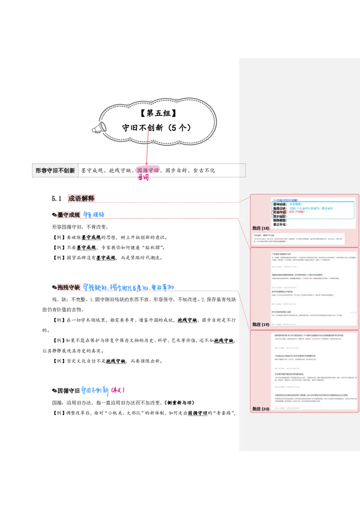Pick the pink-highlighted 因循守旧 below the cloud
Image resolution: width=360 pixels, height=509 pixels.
147,171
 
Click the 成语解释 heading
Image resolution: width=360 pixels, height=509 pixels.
81,198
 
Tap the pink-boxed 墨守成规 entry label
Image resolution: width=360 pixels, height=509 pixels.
68,215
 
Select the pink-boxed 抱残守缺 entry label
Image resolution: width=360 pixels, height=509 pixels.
69,287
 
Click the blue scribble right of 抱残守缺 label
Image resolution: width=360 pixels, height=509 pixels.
129,286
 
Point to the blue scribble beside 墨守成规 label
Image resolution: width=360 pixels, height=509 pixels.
94,214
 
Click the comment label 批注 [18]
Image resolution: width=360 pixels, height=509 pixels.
261,228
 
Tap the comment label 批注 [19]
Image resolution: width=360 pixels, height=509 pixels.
261,324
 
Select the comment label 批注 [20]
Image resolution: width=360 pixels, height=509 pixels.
261,409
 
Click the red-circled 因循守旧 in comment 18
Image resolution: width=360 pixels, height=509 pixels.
279,212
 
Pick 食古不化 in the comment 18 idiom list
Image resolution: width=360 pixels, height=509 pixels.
279,224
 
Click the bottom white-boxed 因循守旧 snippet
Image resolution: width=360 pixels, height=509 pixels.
198,412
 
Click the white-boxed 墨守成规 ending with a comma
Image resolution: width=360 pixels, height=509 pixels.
106,258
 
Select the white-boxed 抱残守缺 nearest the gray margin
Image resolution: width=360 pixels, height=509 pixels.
223,340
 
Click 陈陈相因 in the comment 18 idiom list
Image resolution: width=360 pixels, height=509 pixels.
279,220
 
